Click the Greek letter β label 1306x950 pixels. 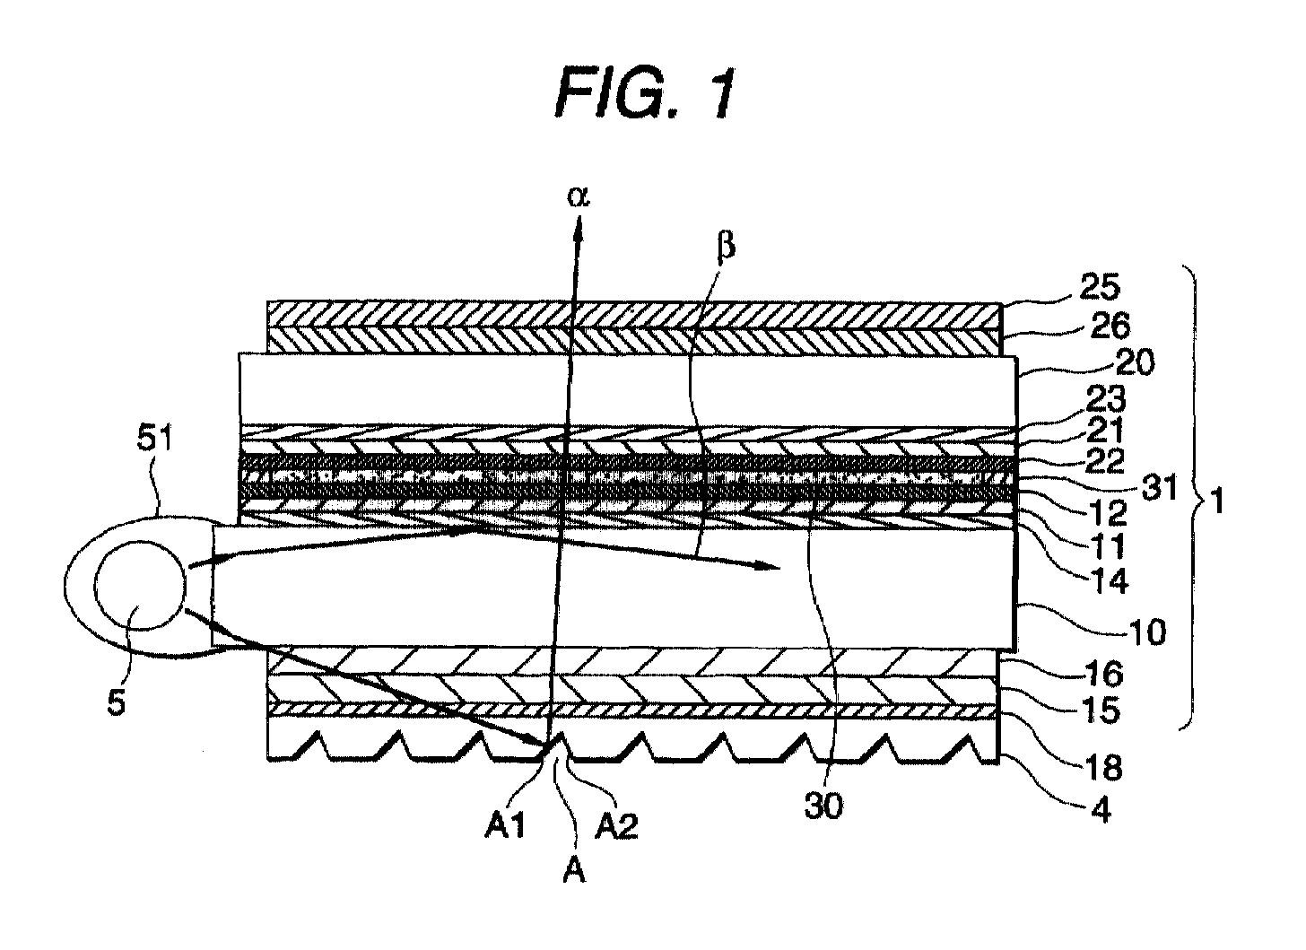[x=725, y=246]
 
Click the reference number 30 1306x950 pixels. [x=824, y=806]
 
